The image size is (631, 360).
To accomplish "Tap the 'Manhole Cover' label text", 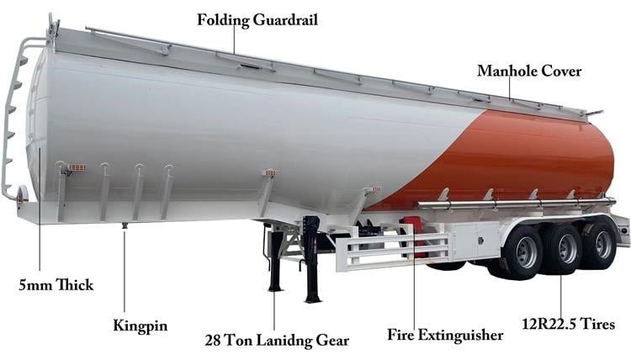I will click(528, 71).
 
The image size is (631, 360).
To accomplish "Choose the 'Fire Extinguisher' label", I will click(445, 335).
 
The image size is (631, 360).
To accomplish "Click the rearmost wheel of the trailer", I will click(602, 243).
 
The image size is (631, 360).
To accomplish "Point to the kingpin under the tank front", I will click(125, 225).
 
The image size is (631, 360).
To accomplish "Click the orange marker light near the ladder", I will click(77, 167).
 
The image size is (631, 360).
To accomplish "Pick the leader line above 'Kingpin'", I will click(125, 269).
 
